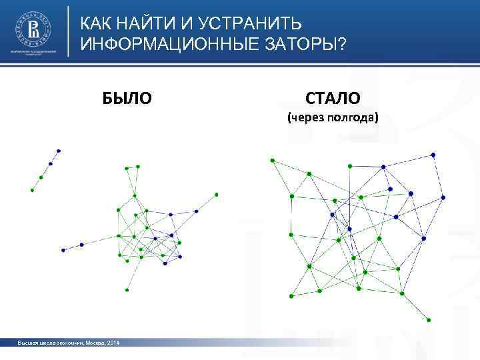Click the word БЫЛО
point(127,99)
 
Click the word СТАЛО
point(333,99)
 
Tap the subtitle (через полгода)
point(332,119)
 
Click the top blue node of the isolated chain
point(59,151)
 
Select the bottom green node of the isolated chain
point(32,190)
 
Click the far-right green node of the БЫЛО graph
point(217,195)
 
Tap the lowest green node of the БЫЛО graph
point(127,290)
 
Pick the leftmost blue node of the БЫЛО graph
point(63,250)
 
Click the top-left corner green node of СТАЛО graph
point(271,160)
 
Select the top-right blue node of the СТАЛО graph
point(434,155)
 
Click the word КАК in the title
point(96,25)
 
